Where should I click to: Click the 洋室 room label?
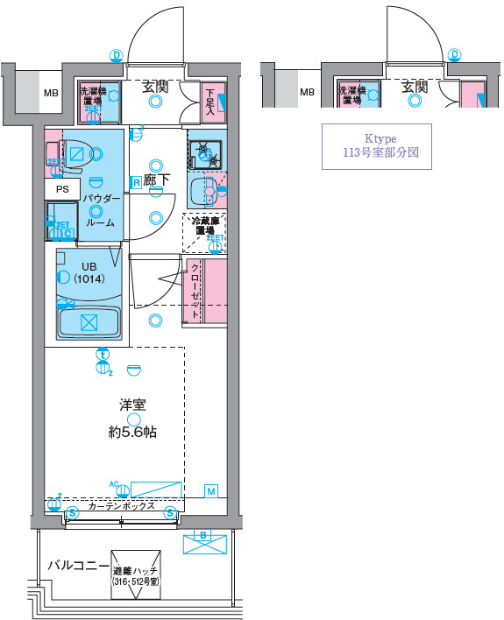point(132,405)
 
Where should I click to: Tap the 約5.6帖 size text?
point(132,432)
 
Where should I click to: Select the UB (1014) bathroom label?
point(89,273)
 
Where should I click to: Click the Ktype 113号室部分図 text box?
point(377,145)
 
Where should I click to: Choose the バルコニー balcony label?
point(77,565)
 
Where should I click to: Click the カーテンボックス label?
point(121,506)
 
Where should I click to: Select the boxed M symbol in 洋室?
point(211,491)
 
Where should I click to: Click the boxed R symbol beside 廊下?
point(137,182)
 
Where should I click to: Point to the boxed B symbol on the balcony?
point(202,535)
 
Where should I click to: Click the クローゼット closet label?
point(194,292)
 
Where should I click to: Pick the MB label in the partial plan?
point(306,91)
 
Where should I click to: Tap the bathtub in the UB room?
point(89,321)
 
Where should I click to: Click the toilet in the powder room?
point(76,156)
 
